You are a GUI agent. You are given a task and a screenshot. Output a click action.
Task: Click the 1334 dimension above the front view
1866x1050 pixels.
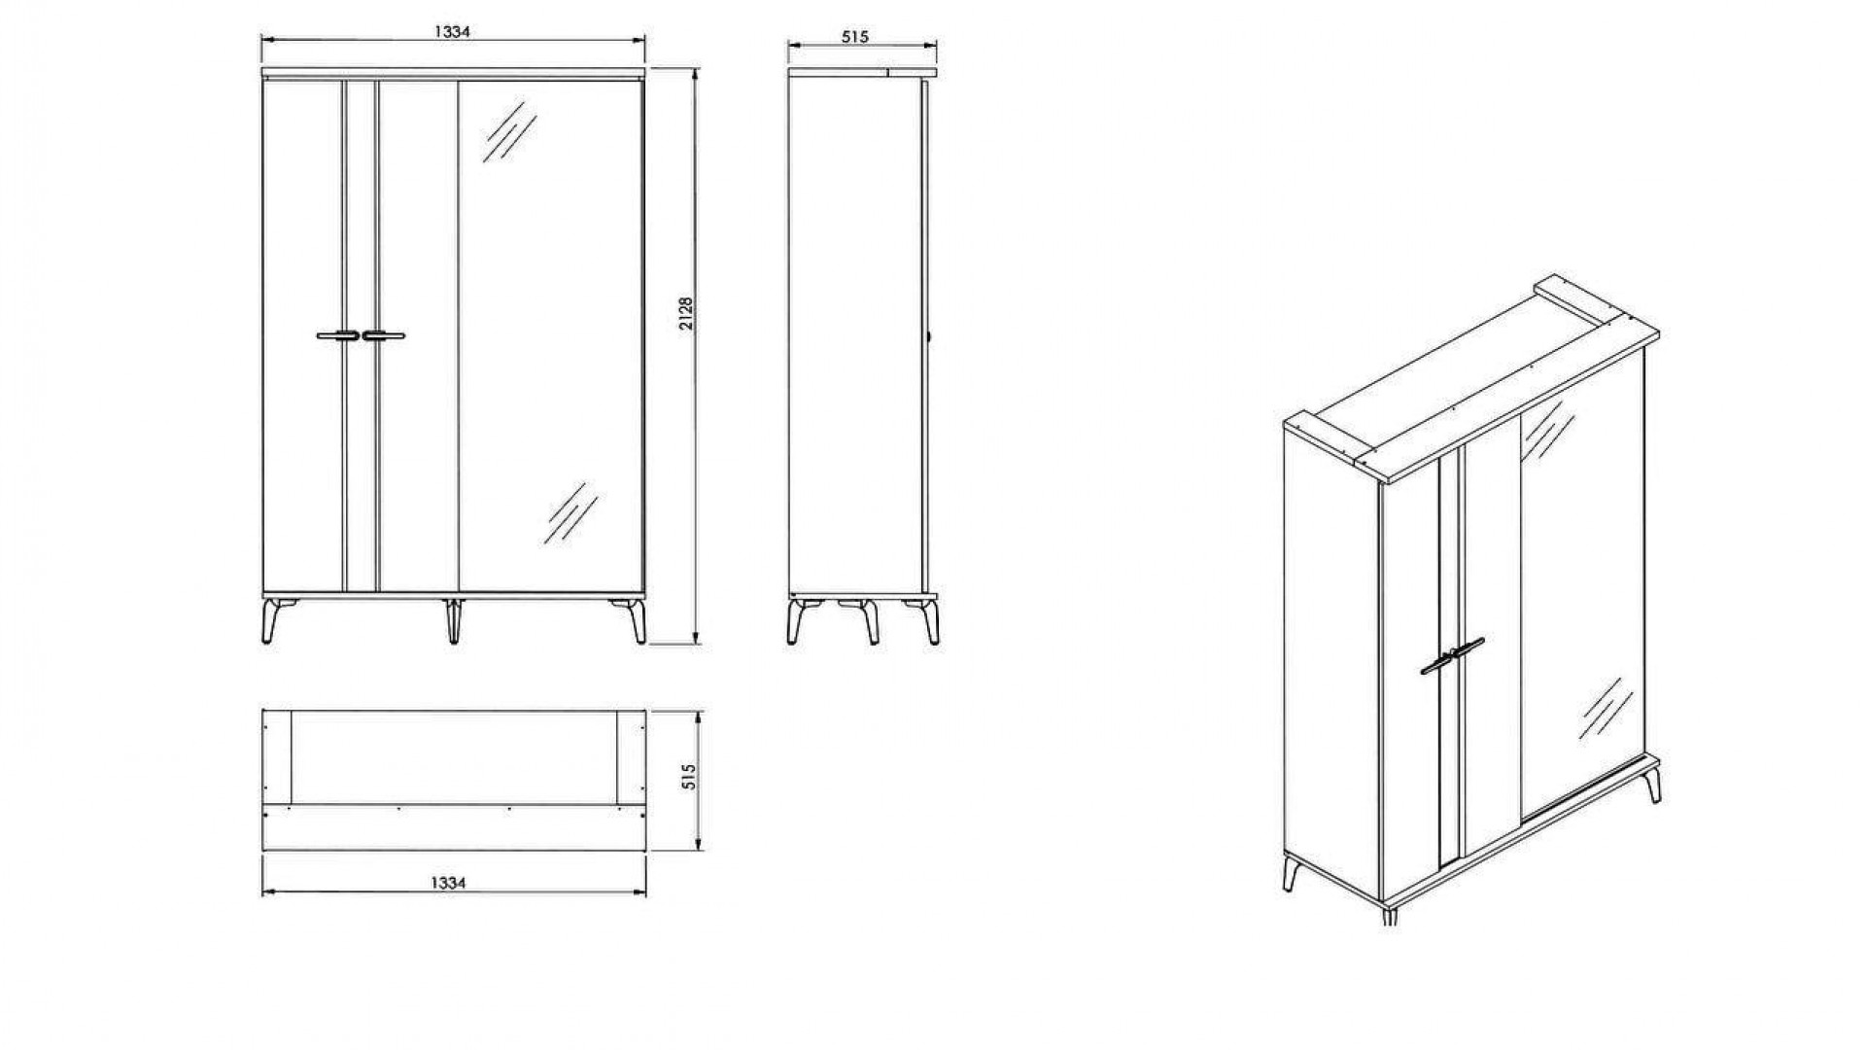452,31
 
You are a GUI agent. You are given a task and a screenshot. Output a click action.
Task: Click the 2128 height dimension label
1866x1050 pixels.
686,313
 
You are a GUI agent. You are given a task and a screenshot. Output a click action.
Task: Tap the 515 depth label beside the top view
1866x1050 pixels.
690,776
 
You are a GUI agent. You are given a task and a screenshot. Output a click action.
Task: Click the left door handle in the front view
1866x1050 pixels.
336,336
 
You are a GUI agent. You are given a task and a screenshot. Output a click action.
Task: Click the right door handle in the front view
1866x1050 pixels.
384,336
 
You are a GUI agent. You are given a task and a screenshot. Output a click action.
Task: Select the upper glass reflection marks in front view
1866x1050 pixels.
509,131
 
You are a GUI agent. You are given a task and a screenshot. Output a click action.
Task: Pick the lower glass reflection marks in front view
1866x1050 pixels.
570,512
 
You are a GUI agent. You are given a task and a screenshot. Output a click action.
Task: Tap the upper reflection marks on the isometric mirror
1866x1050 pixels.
1547,430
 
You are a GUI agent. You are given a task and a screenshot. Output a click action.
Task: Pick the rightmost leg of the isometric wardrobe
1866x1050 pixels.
1652,785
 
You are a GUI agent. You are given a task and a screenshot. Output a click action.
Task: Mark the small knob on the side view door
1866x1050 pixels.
930,336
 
